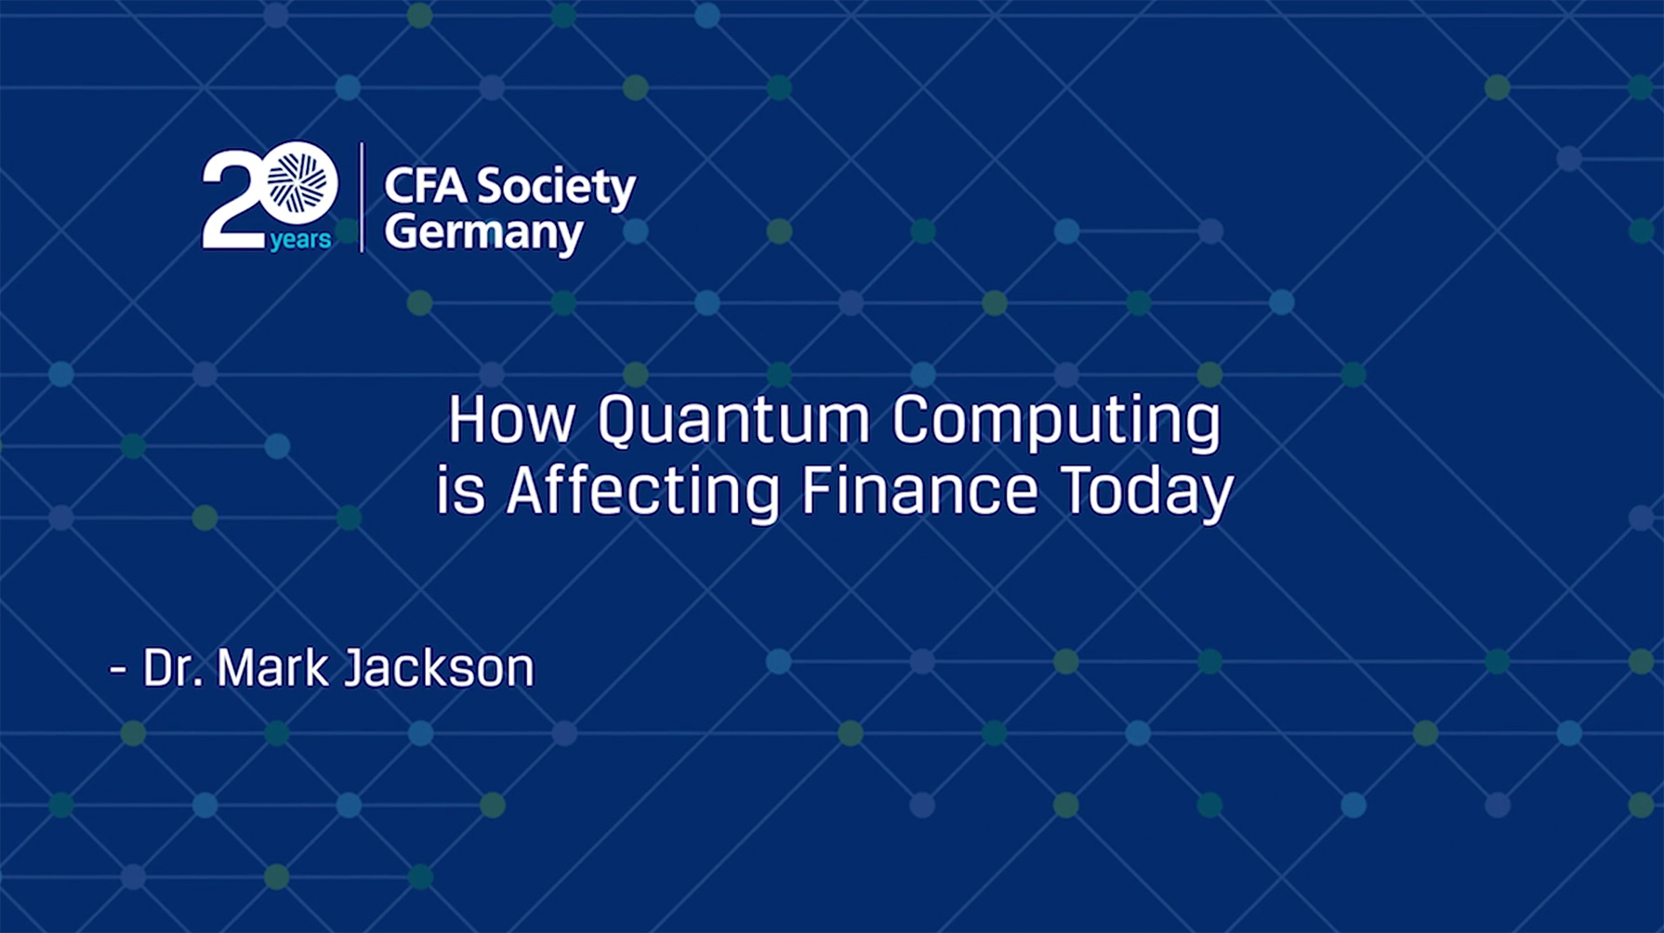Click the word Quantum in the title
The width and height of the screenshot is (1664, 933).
click(733, 421)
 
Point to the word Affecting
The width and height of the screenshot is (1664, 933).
click(642, 493)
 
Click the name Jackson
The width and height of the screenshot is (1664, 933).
click(439, 667)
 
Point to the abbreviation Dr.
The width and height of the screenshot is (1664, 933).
click(173, 667)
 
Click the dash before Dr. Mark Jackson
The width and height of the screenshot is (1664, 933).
click(118, 669)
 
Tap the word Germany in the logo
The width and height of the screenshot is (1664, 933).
click(483, 232)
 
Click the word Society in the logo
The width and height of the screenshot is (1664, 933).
click(556, 188)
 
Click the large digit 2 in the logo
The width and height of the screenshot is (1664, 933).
click(231, 201)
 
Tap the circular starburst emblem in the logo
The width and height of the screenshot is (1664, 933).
click(297, 182)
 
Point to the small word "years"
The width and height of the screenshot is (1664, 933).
click(300, 240)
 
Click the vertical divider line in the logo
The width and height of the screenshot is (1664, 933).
click(362, 198)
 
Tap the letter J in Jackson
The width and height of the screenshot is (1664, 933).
click(356, 667)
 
